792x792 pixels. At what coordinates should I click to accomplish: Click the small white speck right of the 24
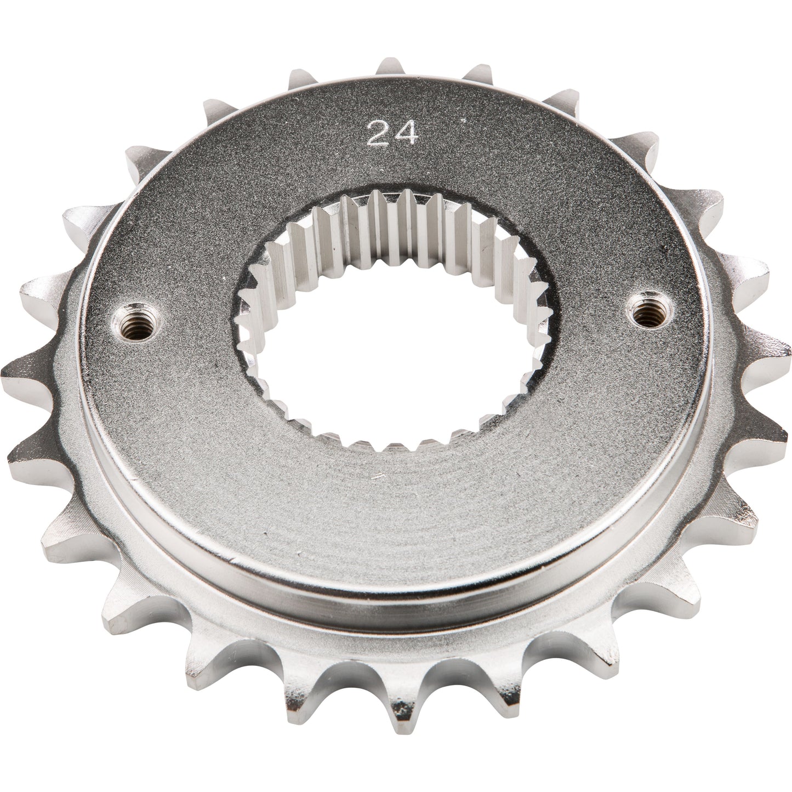465,119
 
